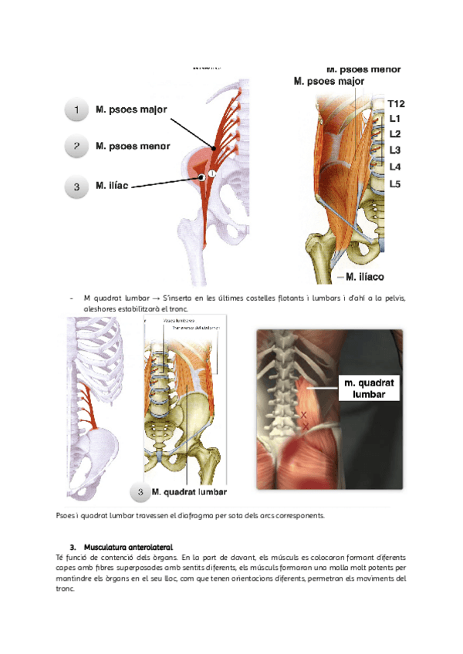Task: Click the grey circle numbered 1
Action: (x=76, y=111)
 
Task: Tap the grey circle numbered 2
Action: (x=76, y=146)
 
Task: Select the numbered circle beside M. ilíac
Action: (x=76, y=186)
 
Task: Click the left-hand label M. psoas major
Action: (x=131, y=110)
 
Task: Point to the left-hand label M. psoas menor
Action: (x=133, y=145)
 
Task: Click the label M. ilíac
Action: (x=112, y=186)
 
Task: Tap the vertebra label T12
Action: (x=397, y=103)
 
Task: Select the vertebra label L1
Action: (x=394, y=119)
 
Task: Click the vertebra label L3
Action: (x=394, y=150)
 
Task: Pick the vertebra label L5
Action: (x=394, y=184)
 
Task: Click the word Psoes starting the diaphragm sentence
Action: (x=66, y=515)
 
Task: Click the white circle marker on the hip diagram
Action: (x=211, y=175)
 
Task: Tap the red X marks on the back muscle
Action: (x=303, y=420)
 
